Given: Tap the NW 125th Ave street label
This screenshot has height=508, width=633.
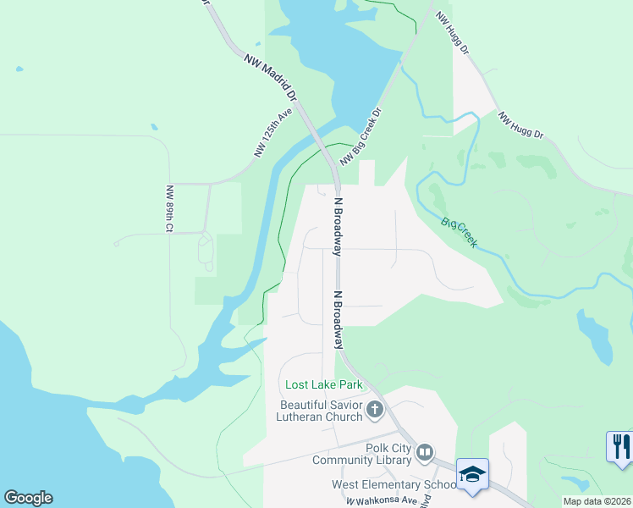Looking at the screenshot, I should click(x=272, y=133).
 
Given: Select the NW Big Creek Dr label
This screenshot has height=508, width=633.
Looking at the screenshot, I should click(x=361, y=136).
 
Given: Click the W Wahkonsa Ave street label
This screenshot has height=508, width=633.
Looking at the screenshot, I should click(x=382, y=500).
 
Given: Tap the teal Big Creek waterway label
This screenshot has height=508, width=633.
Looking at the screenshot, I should click(x=459, y=233).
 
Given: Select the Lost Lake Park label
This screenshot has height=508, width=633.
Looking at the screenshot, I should click(x=324, y=385).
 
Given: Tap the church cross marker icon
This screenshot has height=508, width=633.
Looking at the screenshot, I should click(x=375, y=411).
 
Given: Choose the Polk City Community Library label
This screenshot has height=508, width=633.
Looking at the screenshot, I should click(x=364, y=455).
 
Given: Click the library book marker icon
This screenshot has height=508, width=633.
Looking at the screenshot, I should click(x=425, y=455).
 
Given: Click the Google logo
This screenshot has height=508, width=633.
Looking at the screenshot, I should click(x=28, y=498).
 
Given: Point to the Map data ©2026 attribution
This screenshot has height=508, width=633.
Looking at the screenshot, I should click(x=597, y=501).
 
